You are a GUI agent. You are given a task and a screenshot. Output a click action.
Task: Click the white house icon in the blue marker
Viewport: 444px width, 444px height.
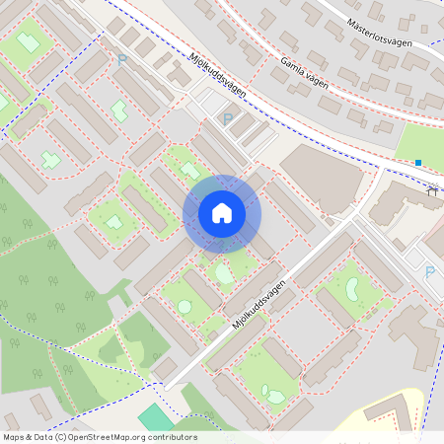pos(222,213)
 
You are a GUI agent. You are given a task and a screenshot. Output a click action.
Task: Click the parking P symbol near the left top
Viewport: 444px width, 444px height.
pos(122,60)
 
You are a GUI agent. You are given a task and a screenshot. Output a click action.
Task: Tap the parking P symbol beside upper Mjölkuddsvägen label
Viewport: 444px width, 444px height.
pos(228,119)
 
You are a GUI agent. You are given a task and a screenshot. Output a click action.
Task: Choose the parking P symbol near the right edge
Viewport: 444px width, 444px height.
pos(429,271)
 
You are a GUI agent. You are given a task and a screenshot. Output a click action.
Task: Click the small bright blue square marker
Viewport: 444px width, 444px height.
pos(418,163)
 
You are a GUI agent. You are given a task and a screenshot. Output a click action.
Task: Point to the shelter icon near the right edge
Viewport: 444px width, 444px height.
pos(432,192)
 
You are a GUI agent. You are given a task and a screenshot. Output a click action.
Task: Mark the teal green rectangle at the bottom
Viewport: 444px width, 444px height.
pos(154,418)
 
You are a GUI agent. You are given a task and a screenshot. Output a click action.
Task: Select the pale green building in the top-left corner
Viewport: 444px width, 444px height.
pos(28,42)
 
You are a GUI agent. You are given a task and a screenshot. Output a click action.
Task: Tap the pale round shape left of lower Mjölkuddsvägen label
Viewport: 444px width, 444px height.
pos(185,307)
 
